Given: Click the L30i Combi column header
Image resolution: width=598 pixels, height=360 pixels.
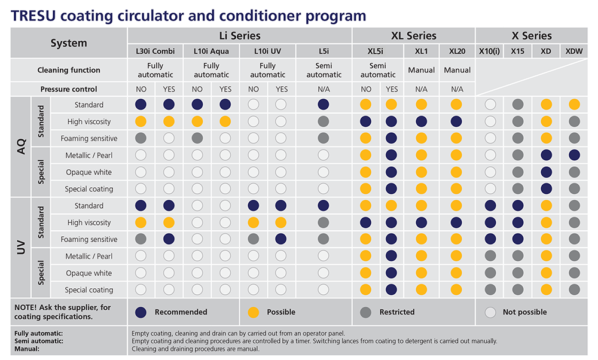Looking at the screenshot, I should click(155, 51).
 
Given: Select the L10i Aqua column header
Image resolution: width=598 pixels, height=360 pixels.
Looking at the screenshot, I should click(211, 51).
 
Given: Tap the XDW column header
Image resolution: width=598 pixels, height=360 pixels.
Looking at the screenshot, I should click(575, 51).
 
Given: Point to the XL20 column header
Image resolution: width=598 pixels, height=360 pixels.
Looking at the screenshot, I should click(457, 51).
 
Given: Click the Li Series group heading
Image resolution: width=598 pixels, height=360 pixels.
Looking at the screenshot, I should click(240, 36).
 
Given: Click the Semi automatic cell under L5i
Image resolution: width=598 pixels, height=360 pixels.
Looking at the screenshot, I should click(324, 70).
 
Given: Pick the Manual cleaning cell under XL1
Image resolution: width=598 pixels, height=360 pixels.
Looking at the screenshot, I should click(421, 70).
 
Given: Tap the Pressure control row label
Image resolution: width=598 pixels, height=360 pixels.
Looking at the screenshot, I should click(69, 89).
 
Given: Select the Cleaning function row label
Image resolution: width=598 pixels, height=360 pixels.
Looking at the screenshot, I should click(69, 70).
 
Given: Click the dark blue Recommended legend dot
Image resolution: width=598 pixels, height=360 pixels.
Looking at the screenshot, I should click(141, 312).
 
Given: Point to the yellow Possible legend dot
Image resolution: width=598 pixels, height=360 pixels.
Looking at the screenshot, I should click(253, 312).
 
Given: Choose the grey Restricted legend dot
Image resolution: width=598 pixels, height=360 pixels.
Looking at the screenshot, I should click(366, 312).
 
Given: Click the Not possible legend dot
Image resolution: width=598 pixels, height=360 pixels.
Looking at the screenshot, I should click(490, 312).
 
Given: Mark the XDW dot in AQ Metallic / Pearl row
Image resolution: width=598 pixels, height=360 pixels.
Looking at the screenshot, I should click(575, 155).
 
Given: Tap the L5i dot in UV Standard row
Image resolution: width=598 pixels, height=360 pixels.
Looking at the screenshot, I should click(324, 206).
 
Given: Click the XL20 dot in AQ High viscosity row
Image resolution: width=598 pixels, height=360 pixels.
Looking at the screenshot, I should click(457, 121).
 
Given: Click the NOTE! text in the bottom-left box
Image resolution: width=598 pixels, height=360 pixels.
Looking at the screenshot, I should click(27, 307).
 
